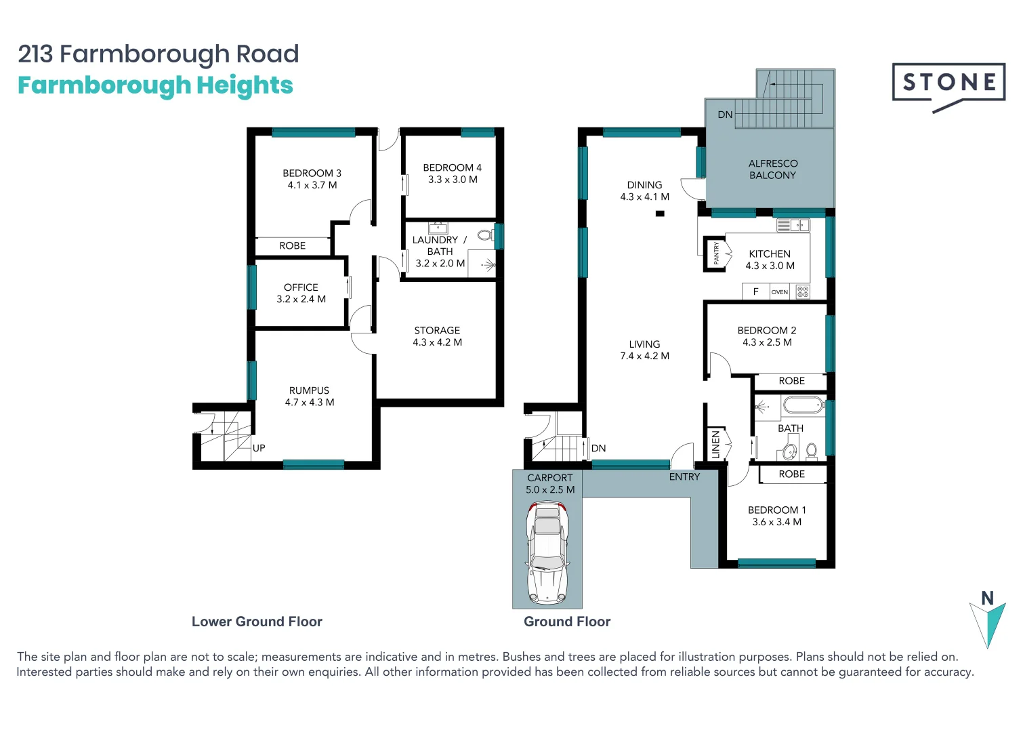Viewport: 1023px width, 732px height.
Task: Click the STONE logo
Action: coord(948,83)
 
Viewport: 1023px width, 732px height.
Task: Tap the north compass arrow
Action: coord(987,623)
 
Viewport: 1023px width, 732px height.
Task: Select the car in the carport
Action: coord(547,552)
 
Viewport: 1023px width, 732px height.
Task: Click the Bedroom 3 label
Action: coord(312,174)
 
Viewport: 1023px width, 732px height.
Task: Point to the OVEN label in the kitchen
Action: coord(780,292)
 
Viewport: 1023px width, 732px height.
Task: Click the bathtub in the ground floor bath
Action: coord(803,406)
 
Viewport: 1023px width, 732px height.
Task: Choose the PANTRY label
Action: coord(716,253)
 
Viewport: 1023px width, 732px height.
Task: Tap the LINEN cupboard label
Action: coord(715,445)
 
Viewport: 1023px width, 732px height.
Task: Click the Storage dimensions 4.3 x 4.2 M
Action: coord(437,342)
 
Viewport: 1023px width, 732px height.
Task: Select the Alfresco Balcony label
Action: coord(772,169)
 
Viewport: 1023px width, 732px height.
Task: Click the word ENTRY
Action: coord(684,477)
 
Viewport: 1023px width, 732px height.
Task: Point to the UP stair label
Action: coord(259,448)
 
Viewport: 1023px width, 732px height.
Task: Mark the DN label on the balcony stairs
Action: coord(725,115)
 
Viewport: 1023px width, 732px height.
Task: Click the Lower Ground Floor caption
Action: coord(257,622)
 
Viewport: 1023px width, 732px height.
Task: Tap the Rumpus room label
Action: coord(309,390)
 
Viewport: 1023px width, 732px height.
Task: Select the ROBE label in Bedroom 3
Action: coord(292,246)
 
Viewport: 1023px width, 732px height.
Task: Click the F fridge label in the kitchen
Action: coord(755,291)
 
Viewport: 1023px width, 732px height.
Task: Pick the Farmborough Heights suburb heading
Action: coord(155,85)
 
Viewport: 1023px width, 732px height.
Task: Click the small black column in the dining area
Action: coord(660,213)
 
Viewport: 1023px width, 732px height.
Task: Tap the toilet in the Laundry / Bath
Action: coord(485,235)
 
